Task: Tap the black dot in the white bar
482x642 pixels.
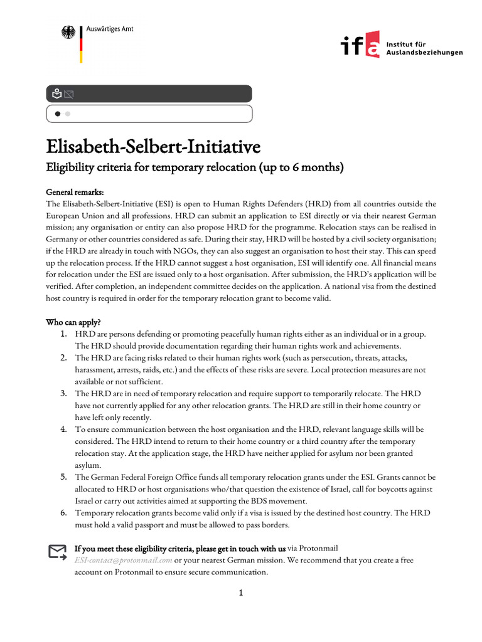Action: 58,114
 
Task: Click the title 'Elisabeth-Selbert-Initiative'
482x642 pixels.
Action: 153,147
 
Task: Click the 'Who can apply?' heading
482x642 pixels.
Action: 73,322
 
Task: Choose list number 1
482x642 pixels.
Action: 64,334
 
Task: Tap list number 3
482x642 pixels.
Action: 64,394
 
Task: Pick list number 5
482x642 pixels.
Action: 64,477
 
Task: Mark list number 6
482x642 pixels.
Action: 64,513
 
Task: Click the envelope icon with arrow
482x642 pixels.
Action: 58,552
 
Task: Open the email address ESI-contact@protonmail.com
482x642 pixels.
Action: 123,560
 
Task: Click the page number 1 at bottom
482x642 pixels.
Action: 240,594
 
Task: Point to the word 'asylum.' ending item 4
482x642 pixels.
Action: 88,465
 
